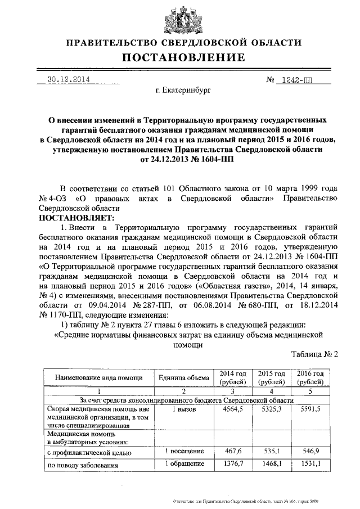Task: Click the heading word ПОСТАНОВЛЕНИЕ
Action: pyautogui.click(x=180, y=57)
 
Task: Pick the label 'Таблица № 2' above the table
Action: pyautogui.click(x=315, y=354)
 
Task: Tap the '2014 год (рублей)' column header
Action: pyautogui.click(x=232, y=378)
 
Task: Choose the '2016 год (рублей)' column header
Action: pyautogui.click(x=310, y=378)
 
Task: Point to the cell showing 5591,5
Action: pyautogui.click(x=310, y=409)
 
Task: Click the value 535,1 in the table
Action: pyautogui.click(x=272, y=451)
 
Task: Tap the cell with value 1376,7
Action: pyautogui.click(x=232, y=465)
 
